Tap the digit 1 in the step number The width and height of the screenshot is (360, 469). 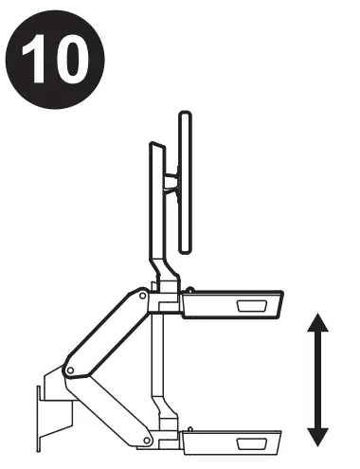41,58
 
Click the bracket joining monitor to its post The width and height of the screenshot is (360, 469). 173,181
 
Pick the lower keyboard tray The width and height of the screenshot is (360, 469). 234,442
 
